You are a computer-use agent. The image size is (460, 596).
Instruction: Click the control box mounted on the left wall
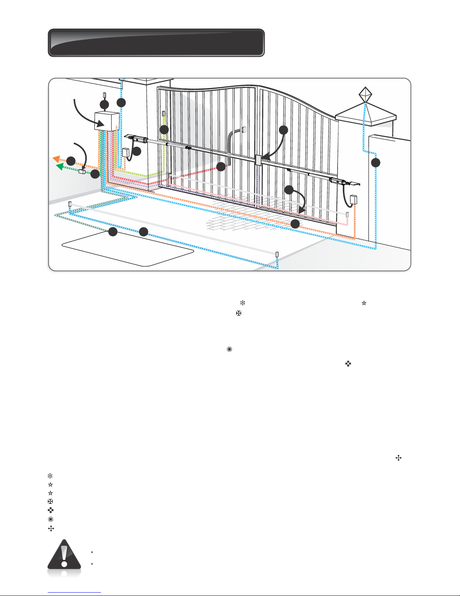[107, 121]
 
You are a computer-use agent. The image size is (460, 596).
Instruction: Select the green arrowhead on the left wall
[59, 166]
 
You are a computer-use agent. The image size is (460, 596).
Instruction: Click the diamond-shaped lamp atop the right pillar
[365, 94]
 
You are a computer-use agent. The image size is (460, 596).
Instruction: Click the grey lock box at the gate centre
[258, 161]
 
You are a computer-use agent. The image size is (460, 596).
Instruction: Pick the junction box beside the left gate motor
[126, 153]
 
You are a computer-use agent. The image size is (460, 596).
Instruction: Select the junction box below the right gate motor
[353, 199]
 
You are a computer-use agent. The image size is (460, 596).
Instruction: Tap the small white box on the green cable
[82, 172]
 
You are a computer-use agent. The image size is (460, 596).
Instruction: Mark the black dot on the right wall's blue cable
[376, 163]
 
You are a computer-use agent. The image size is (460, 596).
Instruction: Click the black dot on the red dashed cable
[221, 167]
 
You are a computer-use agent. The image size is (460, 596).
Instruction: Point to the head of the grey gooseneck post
[244, 130]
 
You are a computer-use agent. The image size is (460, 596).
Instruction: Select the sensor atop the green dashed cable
[163, 114]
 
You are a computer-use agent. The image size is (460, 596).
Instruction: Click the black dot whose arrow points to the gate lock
[284, 130]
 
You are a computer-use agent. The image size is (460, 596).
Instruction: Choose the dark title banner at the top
[156, 42]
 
